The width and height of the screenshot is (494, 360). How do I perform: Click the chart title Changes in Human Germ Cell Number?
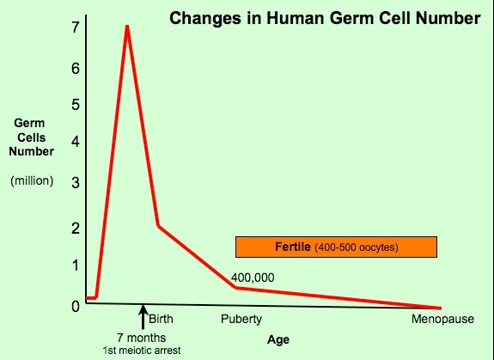click(325, 19)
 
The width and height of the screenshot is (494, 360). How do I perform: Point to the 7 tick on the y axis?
click(75, 27)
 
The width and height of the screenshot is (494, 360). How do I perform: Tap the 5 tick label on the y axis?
click(76, 105)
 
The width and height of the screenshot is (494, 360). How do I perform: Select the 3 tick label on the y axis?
click(76, 182)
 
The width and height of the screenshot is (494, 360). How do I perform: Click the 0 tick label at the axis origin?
click(76, 306)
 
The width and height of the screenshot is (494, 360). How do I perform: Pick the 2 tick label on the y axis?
click(76, 228)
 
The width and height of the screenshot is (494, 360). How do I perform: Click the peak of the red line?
click(127, 26)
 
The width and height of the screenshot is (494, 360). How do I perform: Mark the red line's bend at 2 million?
click(158, 225)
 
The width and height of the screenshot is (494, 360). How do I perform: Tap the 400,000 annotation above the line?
click(253, 278)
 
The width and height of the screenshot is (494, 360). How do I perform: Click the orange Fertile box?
click(336, 247)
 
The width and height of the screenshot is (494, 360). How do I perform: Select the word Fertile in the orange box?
click(293, 247)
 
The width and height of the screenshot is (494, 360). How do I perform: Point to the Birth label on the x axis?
click(161, 319)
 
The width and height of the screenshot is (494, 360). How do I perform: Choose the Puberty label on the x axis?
click(241, 320)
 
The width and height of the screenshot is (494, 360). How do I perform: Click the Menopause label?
click(442, 319)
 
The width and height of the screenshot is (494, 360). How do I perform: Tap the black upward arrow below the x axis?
click(143, 316)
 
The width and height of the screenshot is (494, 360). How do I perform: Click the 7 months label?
click(142, 338)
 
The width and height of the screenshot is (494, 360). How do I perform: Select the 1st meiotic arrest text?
click(142, 351)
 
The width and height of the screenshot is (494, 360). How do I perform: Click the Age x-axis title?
click(278, 340)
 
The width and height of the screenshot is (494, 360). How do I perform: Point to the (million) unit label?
click(32, 180)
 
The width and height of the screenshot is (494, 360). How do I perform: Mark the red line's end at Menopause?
click(440, 308)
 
